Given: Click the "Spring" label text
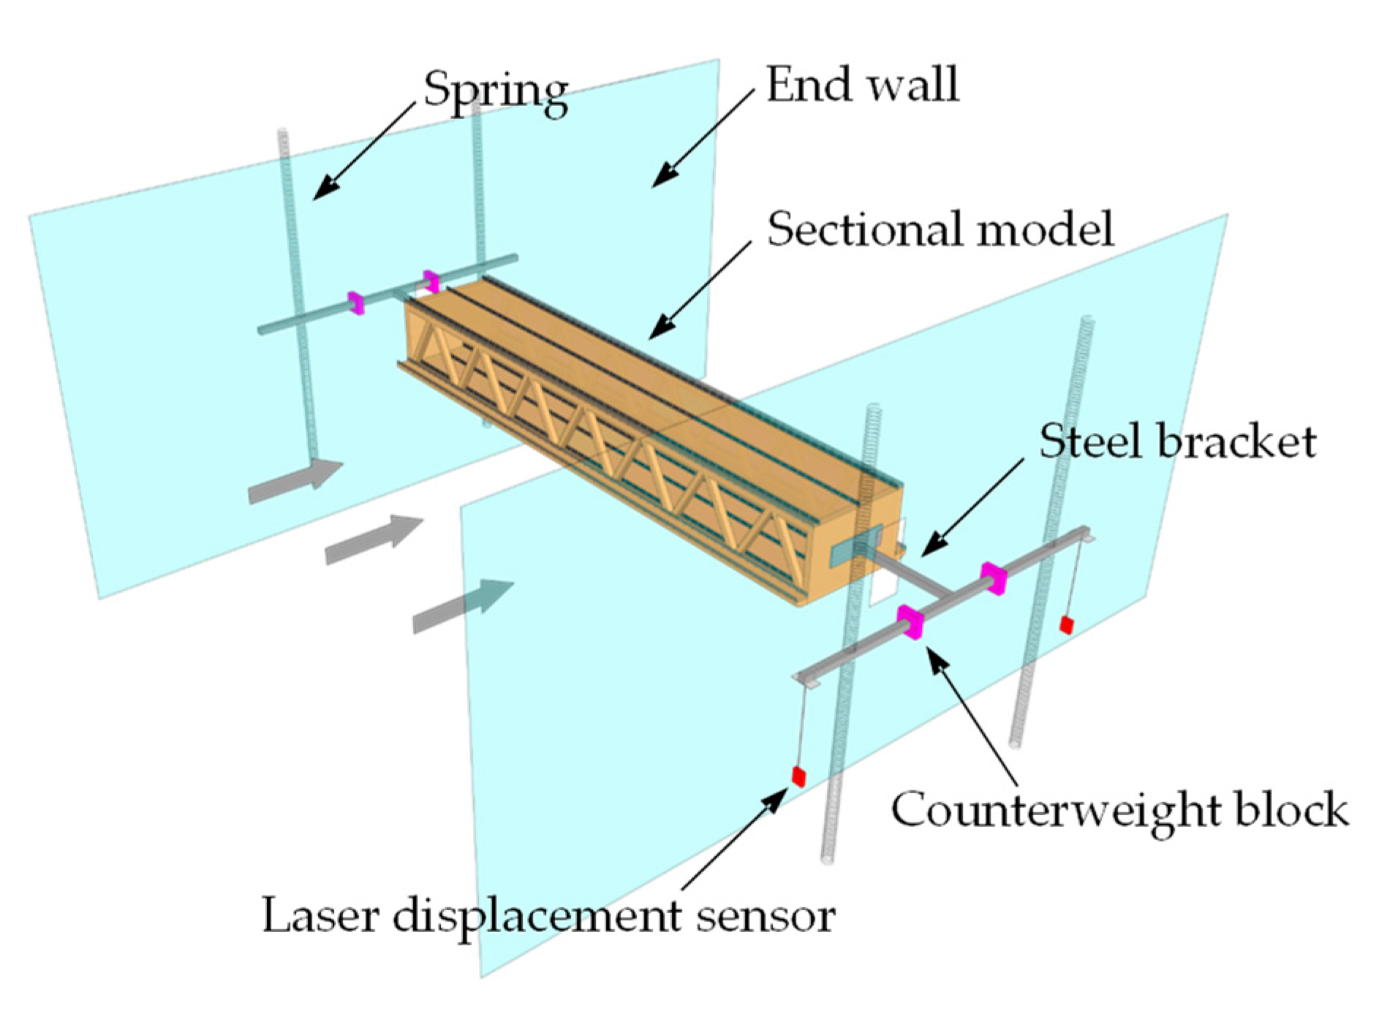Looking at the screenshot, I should pyautogui.click(x=496, y=91).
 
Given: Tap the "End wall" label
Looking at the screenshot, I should pyautogui.click(x=862, y=85).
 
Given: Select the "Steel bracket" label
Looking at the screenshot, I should pyautogui.click(x=1177, y=442).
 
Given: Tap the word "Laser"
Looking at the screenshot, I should pyautogui.click(x=320, y=915).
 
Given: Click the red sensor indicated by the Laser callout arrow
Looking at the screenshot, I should pyautogui.click(x=798, y=776).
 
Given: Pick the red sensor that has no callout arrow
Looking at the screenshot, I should pyautogui.click(x=1067, y=624).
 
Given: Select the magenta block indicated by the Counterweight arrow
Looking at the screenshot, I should pyautogui.click(x=911, y=622).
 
